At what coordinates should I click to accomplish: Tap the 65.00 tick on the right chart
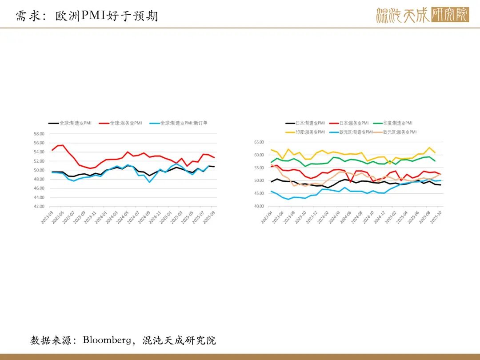tap(259, 142)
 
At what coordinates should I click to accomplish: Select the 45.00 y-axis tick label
tap(259, 193)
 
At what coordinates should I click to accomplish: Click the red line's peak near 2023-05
tap(63, 145)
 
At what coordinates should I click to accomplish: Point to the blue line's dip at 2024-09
tap(150, 182)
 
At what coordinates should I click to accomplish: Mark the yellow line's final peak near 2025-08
tap(429, 148)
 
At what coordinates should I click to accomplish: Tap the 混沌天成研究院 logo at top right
tap(422, 15)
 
